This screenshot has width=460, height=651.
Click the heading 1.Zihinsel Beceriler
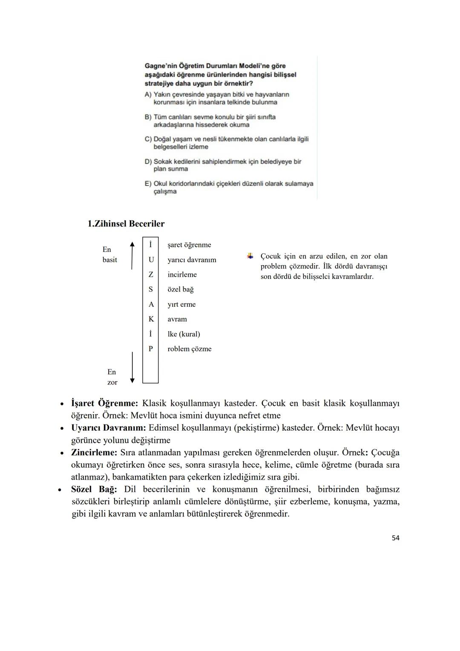coord(126,224)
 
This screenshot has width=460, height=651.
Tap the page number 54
coord(395,538)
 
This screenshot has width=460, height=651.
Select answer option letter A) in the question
coord(148,95)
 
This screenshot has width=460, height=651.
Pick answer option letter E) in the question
coord(148,184)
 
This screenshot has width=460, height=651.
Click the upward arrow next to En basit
coord(132,255)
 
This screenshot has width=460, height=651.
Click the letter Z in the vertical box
coord(151,275)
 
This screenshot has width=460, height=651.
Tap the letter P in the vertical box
coord(151,349)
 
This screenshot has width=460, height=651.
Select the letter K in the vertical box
coord(151,319)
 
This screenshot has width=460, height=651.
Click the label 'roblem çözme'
coord(190,349)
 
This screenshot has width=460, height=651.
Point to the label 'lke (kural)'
coord(184,334)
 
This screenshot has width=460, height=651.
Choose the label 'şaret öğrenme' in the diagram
coord(189,245)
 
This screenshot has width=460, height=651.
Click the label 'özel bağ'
coord(181,289)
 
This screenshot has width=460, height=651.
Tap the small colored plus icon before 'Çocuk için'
coord(250,256)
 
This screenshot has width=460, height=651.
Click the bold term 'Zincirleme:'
coord(94,452)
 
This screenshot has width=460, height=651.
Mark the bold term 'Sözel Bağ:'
coord(94,489)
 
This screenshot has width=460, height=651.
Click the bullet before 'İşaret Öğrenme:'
coord(62,403)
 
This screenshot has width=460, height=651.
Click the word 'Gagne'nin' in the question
coord(161,66)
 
